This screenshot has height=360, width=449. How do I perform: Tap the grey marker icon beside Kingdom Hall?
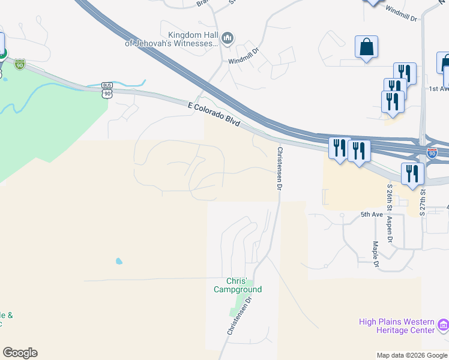(x=227, y=40)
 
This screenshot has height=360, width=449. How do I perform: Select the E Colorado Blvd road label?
(x=214, y=114)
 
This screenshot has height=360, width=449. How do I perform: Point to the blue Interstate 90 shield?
(x=432, y=153)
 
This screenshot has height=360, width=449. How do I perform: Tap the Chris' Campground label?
(x=238, y=285)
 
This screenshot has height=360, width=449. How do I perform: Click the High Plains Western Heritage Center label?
(x=396, y=326)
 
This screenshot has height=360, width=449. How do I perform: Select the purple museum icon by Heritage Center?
(x=444, y=326)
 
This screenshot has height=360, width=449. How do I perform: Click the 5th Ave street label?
(x=372, y=214)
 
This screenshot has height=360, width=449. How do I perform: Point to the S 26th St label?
(x=390, y=197)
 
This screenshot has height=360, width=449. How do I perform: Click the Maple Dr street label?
(x=375, y=254)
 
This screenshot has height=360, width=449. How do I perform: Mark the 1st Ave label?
(x=439, y=89)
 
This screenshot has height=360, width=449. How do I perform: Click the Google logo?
(x=20, y=353)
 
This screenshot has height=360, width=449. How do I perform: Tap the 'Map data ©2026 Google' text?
(x=412, y=355)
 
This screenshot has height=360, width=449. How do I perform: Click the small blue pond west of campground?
(x=119, y=262)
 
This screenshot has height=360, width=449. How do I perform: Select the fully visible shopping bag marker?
(x=366, y=47)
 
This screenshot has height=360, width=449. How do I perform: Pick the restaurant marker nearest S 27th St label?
(x=412, y=174)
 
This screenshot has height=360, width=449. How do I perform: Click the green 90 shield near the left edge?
(x=20, y=64)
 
